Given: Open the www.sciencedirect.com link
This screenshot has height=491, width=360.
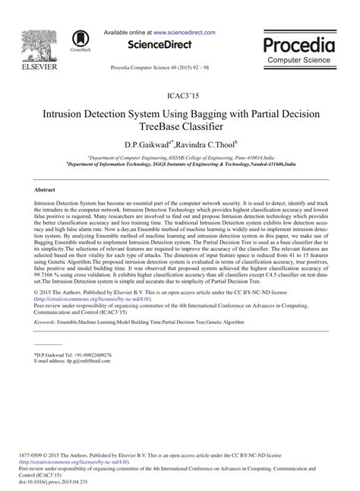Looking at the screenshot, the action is coord(185,34).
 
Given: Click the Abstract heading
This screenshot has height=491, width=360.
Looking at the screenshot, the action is coord(46,188).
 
